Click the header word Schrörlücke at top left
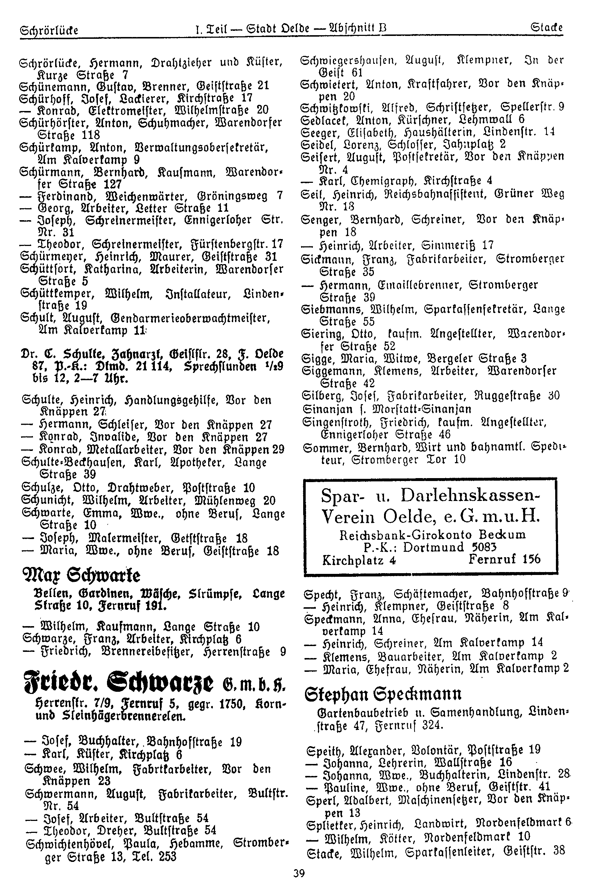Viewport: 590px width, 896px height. click(x=49, y=30)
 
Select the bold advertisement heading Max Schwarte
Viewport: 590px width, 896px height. click(x=81, y=576)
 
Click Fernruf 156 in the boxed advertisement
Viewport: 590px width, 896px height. click(x=504, y=559)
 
